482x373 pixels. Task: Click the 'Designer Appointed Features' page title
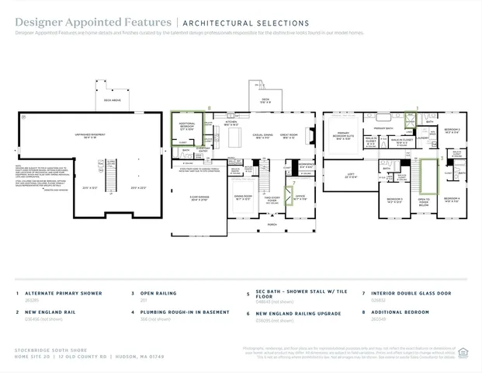[x=93, y=23]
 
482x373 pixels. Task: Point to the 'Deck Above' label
[x=113, y=100]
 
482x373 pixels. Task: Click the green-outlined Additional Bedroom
[x=186, y=127]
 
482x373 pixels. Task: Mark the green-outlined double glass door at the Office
[x=289, y=195]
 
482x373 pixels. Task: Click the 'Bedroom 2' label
[x=452, y=130]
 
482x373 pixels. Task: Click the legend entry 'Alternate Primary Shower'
[x=59, y=294]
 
